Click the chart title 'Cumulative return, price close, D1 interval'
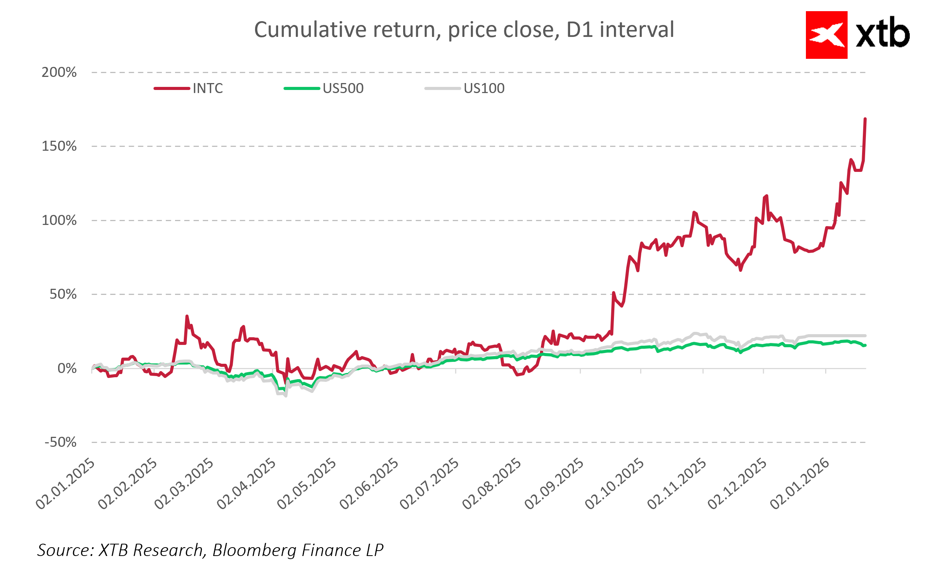pyautogui.click(x=464, y=30)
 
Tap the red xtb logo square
pyautogui.click(x=826, y=35)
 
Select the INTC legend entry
pyautogui.click(x=207, y=88)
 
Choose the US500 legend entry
pyautogui.click(x=343, y=88)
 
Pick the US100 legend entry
pyautogui.click(x=484, y=88)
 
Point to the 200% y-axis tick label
pyautogui.click(x=59, y=72)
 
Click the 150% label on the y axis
pyautogui.click(x=59, y=146)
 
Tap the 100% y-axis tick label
pyautogui.click(x=59, y=220)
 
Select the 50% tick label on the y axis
pyautogui.click(x=63, y=294)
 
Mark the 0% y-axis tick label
pyautogui.click(x=67, y=368)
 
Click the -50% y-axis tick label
pyautogui.click(x=60, y=442)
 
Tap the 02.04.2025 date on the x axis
pyautogui.click(x=247, y=484)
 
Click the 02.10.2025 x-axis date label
pyautogui.click(x=615, y=484)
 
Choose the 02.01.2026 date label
pyautogui.click(x=800, y=484)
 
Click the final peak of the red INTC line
pyautogui.click(x=865, y=119)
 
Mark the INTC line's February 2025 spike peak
pyautogui.click(x=187, y=316)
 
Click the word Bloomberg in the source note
pyautogui.click(x=254, y=550)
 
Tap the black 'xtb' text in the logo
pyautogui.click(x=882, y=34)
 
